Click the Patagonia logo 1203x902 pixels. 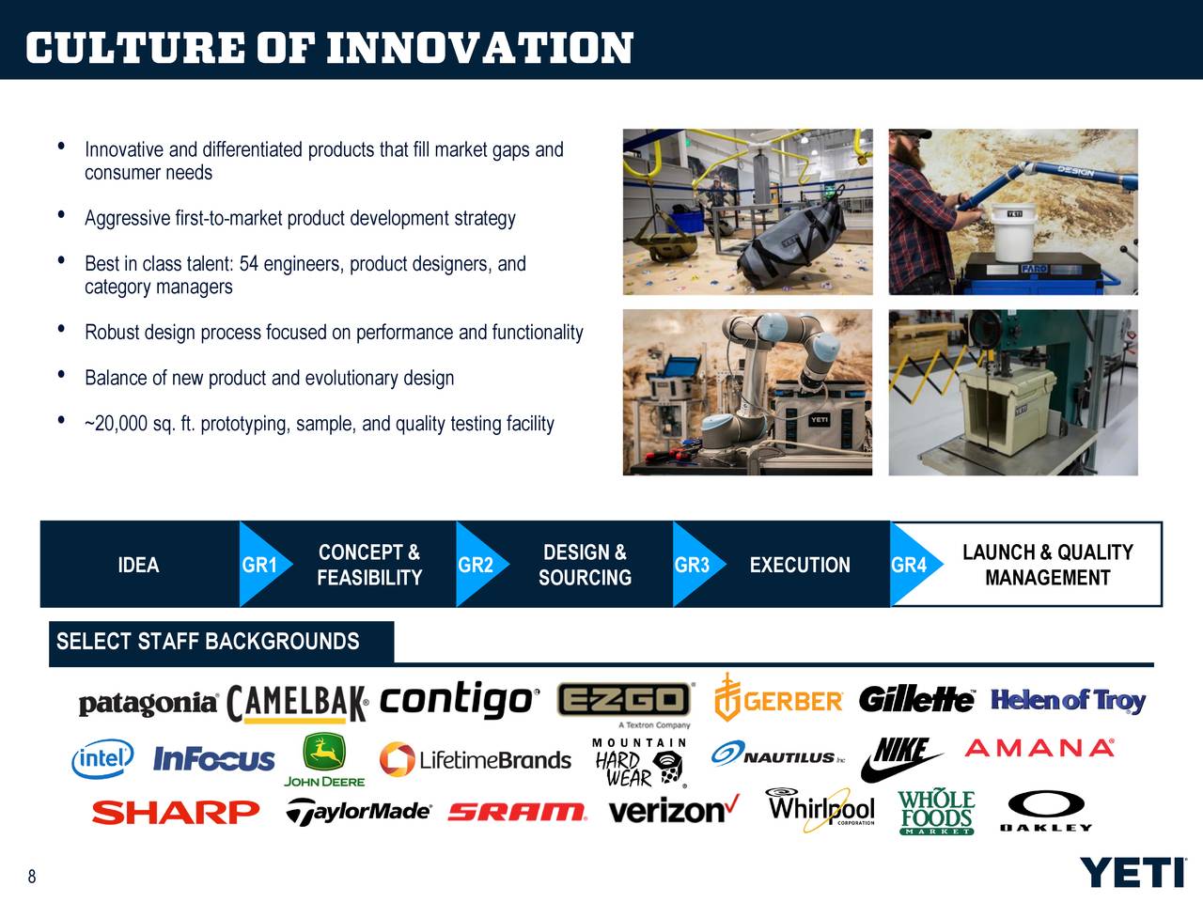148,704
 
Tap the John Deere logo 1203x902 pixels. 324,760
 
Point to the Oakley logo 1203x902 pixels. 1045,811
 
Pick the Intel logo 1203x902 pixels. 102,758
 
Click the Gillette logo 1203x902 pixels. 915,700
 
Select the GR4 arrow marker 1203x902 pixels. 910,565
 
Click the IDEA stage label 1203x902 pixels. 138,565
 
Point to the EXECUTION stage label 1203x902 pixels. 800,565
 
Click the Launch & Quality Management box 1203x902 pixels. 1047,565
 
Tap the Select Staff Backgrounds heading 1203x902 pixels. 208,642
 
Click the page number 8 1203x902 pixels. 32,877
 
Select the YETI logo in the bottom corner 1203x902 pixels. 1133,873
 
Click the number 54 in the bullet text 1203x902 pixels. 249,264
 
